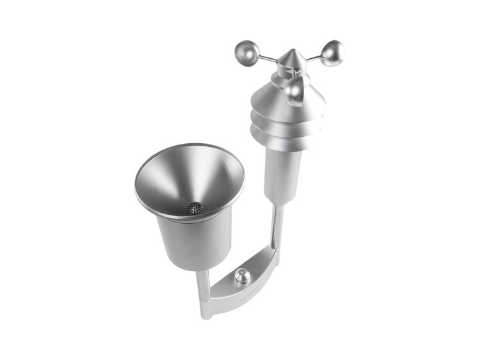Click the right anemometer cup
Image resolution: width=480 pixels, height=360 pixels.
tap(333, 53)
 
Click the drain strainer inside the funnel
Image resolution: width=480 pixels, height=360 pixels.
tap(193, 208)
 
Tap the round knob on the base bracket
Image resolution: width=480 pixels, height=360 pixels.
tap(241, 276)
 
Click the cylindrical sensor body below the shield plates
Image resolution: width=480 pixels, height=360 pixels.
tap(282, 173)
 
